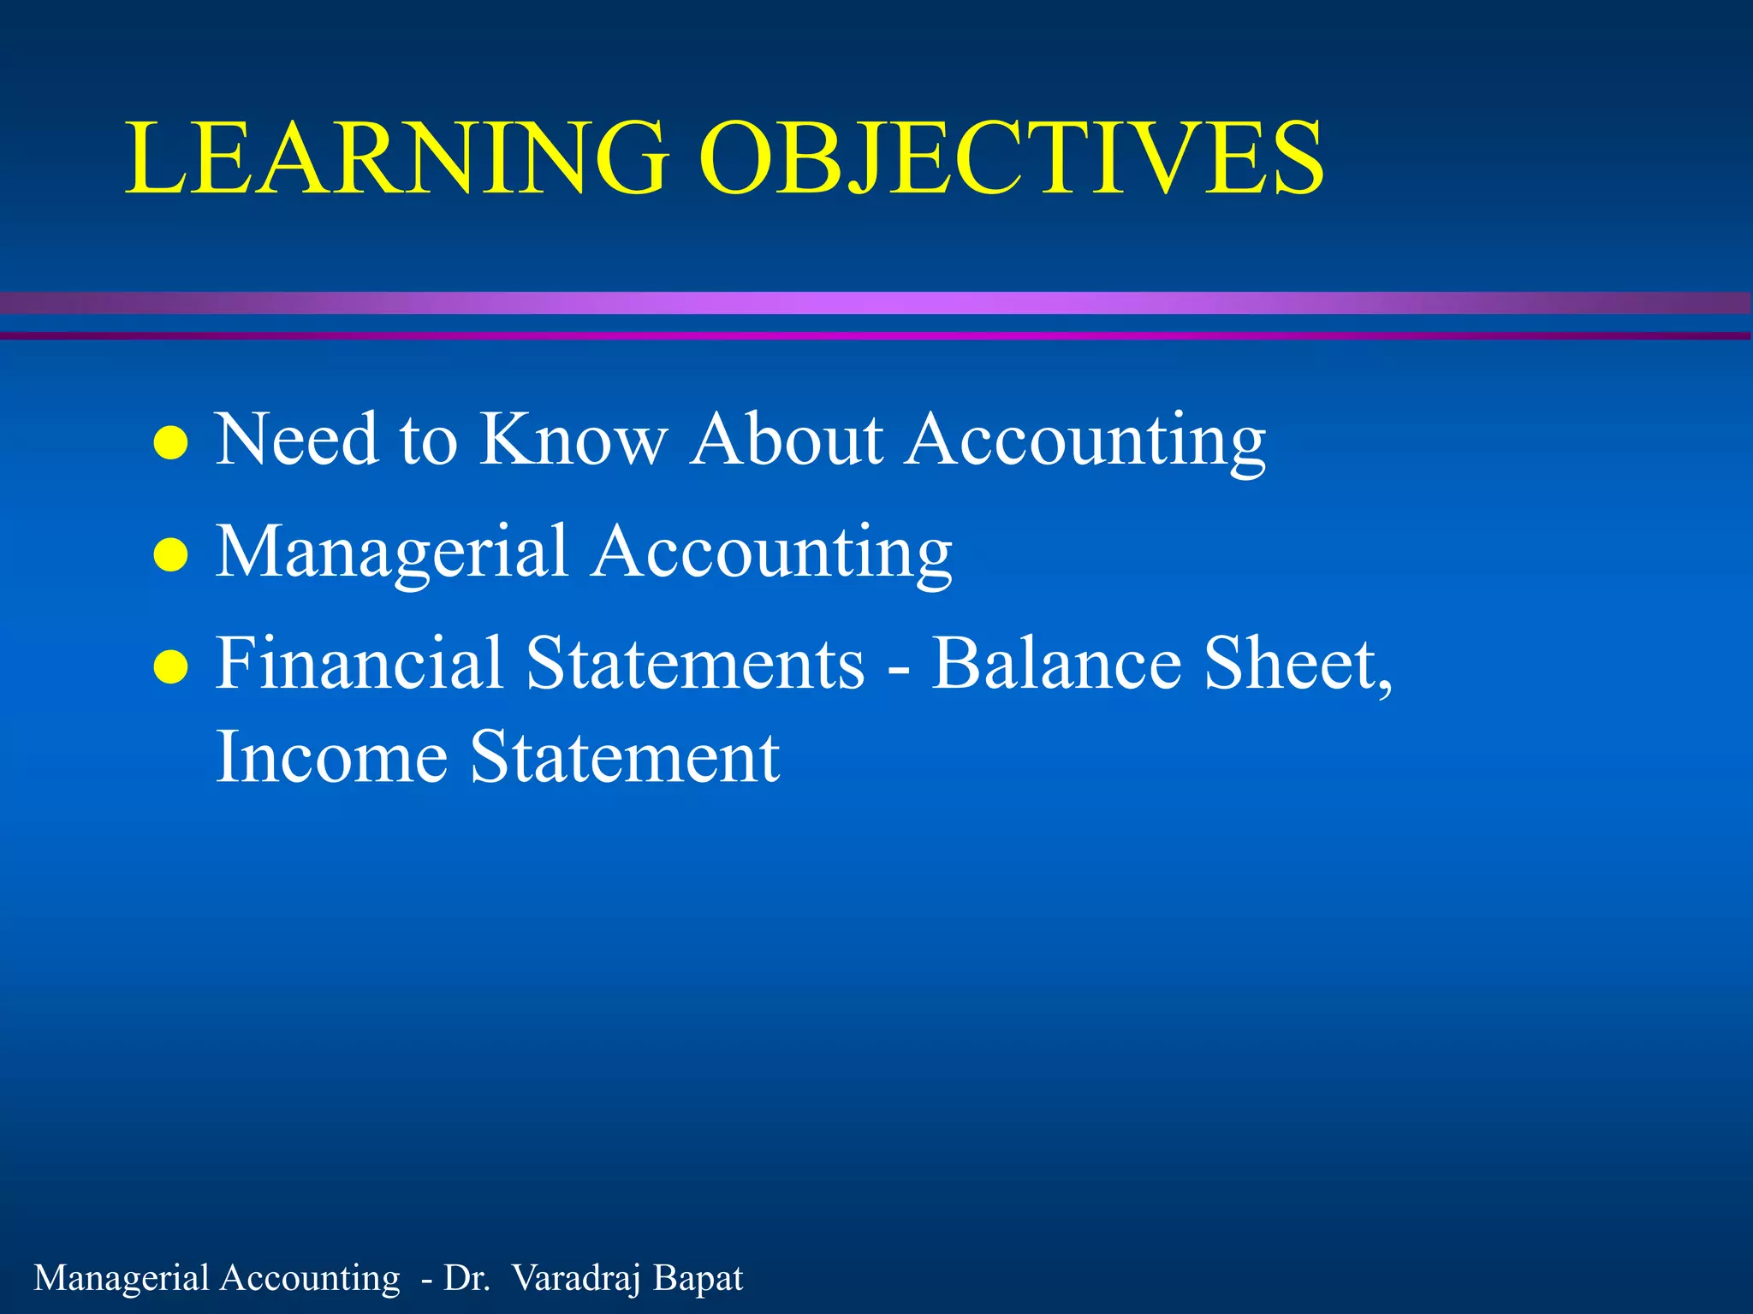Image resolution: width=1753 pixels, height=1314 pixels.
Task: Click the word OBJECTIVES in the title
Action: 1012,158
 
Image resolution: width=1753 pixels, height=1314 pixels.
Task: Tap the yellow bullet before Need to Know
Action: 170,443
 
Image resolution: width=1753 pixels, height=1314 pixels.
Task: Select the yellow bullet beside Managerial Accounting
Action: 170,554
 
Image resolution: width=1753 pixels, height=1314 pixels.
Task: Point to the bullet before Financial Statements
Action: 170,667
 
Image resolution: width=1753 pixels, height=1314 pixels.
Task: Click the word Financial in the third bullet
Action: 359,664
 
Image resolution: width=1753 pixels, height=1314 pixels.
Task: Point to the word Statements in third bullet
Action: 695,664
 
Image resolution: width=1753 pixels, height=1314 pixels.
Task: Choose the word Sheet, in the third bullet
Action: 1298,664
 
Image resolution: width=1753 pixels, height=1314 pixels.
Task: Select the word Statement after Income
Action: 625,758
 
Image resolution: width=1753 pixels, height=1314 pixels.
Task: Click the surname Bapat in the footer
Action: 698,1279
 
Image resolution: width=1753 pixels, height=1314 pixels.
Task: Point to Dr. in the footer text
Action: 466,1279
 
